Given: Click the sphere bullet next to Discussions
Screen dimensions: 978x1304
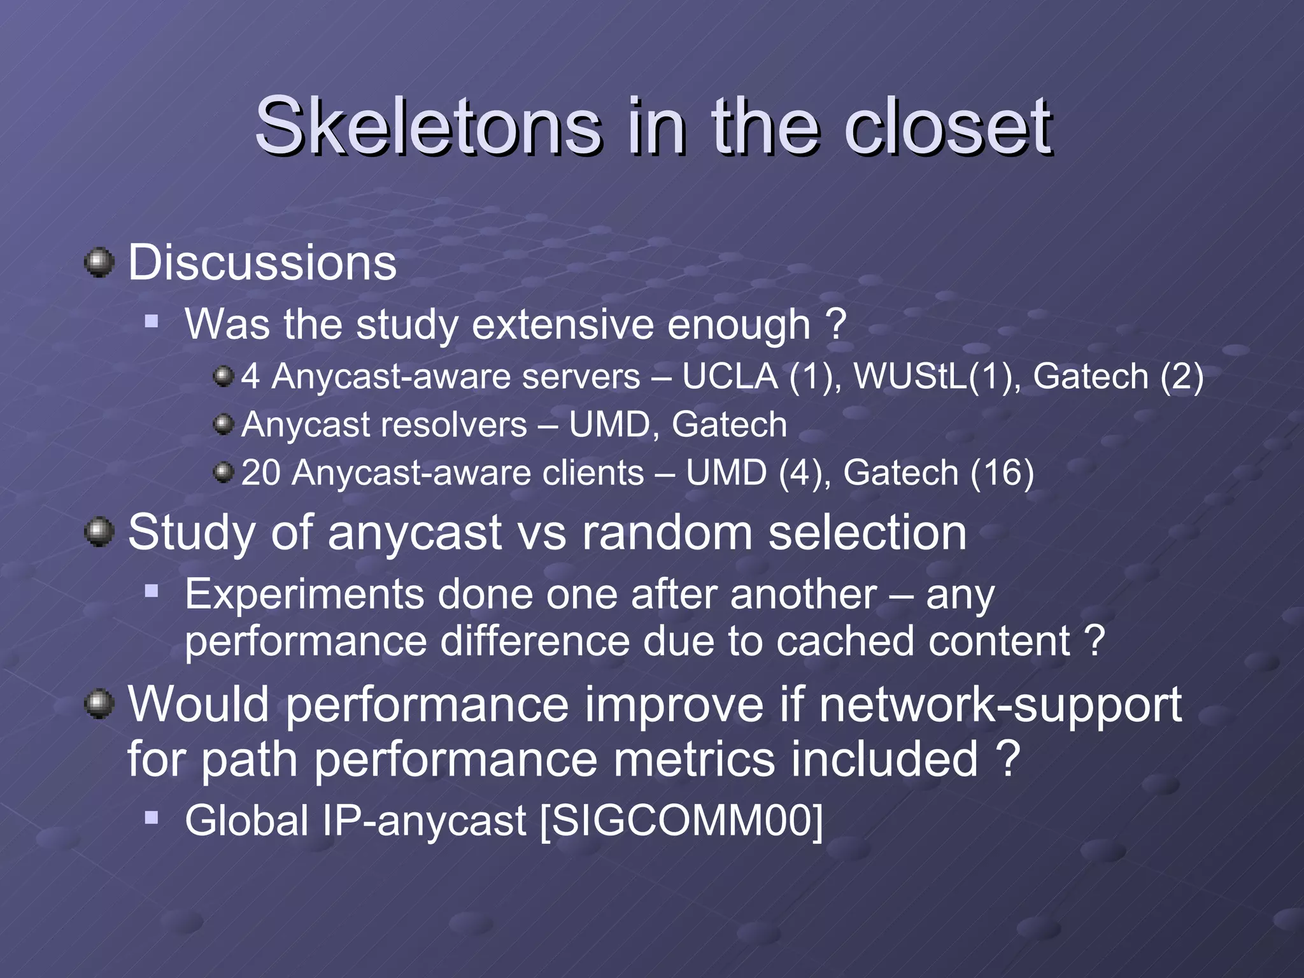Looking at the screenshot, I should point(99,262).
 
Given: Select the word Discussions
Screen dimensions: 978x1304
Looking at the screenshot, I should point(262,262).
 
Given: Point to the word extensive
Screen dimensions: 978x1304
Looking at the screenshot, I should point(562,325).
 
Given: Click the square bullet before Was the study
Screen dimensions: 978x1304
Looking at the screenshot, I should point(152,320).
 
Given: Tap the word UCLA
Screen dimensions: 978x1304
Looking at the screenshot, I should point(730,376).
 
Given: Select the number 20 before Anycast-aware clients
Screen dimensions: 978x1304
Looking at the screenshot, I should point(261,473).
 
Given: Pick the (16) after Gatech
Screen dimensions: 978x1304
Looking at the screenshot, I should point(1002,473).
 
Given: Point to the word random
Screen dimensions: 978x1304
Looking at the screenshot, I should point(667,532).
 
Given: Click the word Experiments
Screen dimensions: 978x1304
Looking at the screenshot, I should point(304,594).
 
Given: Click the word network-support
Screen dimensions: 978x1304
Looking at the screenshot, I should point(1000,705).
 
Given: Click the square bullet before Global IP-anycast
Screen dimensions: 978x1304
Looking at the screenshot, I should point(152,817).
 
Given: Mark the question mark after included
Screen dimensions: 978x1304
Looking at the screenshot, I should point(1008,760).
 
